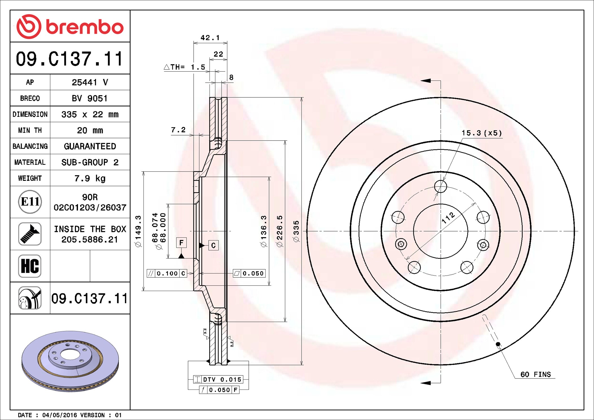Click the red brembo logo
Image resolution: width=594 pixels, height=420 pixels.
[x=70, y=27]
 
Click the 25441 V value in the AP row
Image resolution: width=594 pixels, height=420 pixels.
[x=90, y=82]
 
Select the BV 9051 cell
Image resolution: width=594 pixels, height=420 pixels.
[x=90, y=99]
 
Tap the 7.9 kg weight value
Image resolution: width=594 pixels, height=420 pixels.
[x=90, y=178]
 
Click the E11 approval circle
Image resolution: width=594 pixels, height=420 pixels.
[x=30, y=202]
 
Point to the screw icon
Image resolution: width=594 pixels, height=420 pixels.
[x=30, y=234]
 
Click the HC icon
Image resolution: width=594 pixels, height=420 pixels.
[x=30, y=266]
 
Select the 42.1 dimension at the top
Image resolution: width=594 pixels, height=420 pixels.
[x=210, y=38]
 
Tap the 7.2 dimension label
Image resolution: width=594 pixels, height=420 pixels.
[x=178, y=130]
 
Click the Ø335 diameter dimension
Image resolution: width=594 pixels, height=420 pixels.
[x=296, y=231]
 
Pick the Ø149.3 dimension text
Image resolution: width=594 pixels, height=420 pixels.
[x=138, y=231]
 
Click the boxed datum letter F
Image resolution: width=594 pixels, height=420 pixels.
[x=181, y=242]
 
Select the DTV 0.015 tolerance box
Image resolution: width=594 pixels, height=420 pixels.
[x=218, y=379]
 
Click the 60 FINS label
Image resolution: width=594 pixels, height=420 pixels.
[x=535, y=374]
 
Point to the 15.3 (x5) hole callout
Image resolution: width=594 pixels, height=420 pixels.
[x=482, y=133]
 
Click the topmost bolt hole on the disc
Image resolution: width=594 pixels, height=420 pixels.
[x=440, y=186]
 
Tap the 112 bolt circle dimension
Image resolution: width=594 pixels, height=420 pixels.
[x=448, y=218]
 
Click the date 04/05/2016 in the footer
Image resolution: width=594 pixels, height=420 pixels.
[x=59, y=415]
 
